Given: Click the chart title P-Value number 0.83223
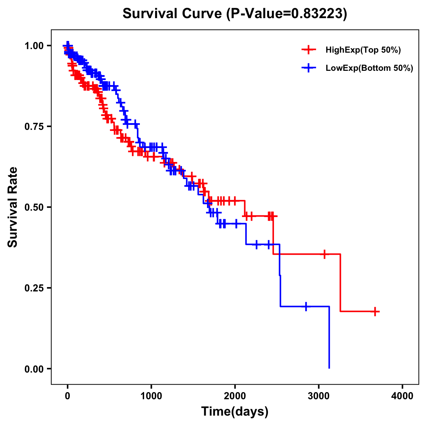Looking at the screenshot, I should [317, 14].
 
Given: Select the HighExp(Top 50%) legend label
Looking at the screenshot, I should [363, 50].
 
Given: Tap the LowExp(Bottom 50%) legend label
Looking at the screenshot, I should [369, 68].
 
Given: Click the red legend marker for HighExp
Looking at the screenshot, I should [309, 50].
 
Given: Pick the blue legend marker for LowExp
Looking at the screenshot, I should [309, 68].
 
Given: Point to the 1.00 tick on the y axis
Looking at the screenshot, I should [35, 46].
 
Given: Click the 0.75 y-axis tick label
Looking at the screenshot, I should [35, 126].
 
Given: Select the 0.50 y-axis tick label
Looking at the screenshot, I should [35, 207].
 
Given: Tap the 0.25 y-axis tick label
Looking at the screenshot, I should [35, 288].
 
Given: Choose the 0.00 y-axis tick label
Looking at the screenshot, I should [35, 369].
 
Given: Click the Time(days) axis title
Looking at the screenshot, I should [235, 412].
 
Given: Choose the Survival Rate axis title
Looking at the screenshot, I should [13, 207].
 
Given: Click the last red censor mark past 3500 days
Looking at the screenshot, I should [375, 311].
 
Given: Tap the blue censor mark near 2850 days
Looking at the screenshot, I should [306, 306].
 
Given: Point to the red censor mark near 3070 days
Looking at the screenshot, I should [324, 254].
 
